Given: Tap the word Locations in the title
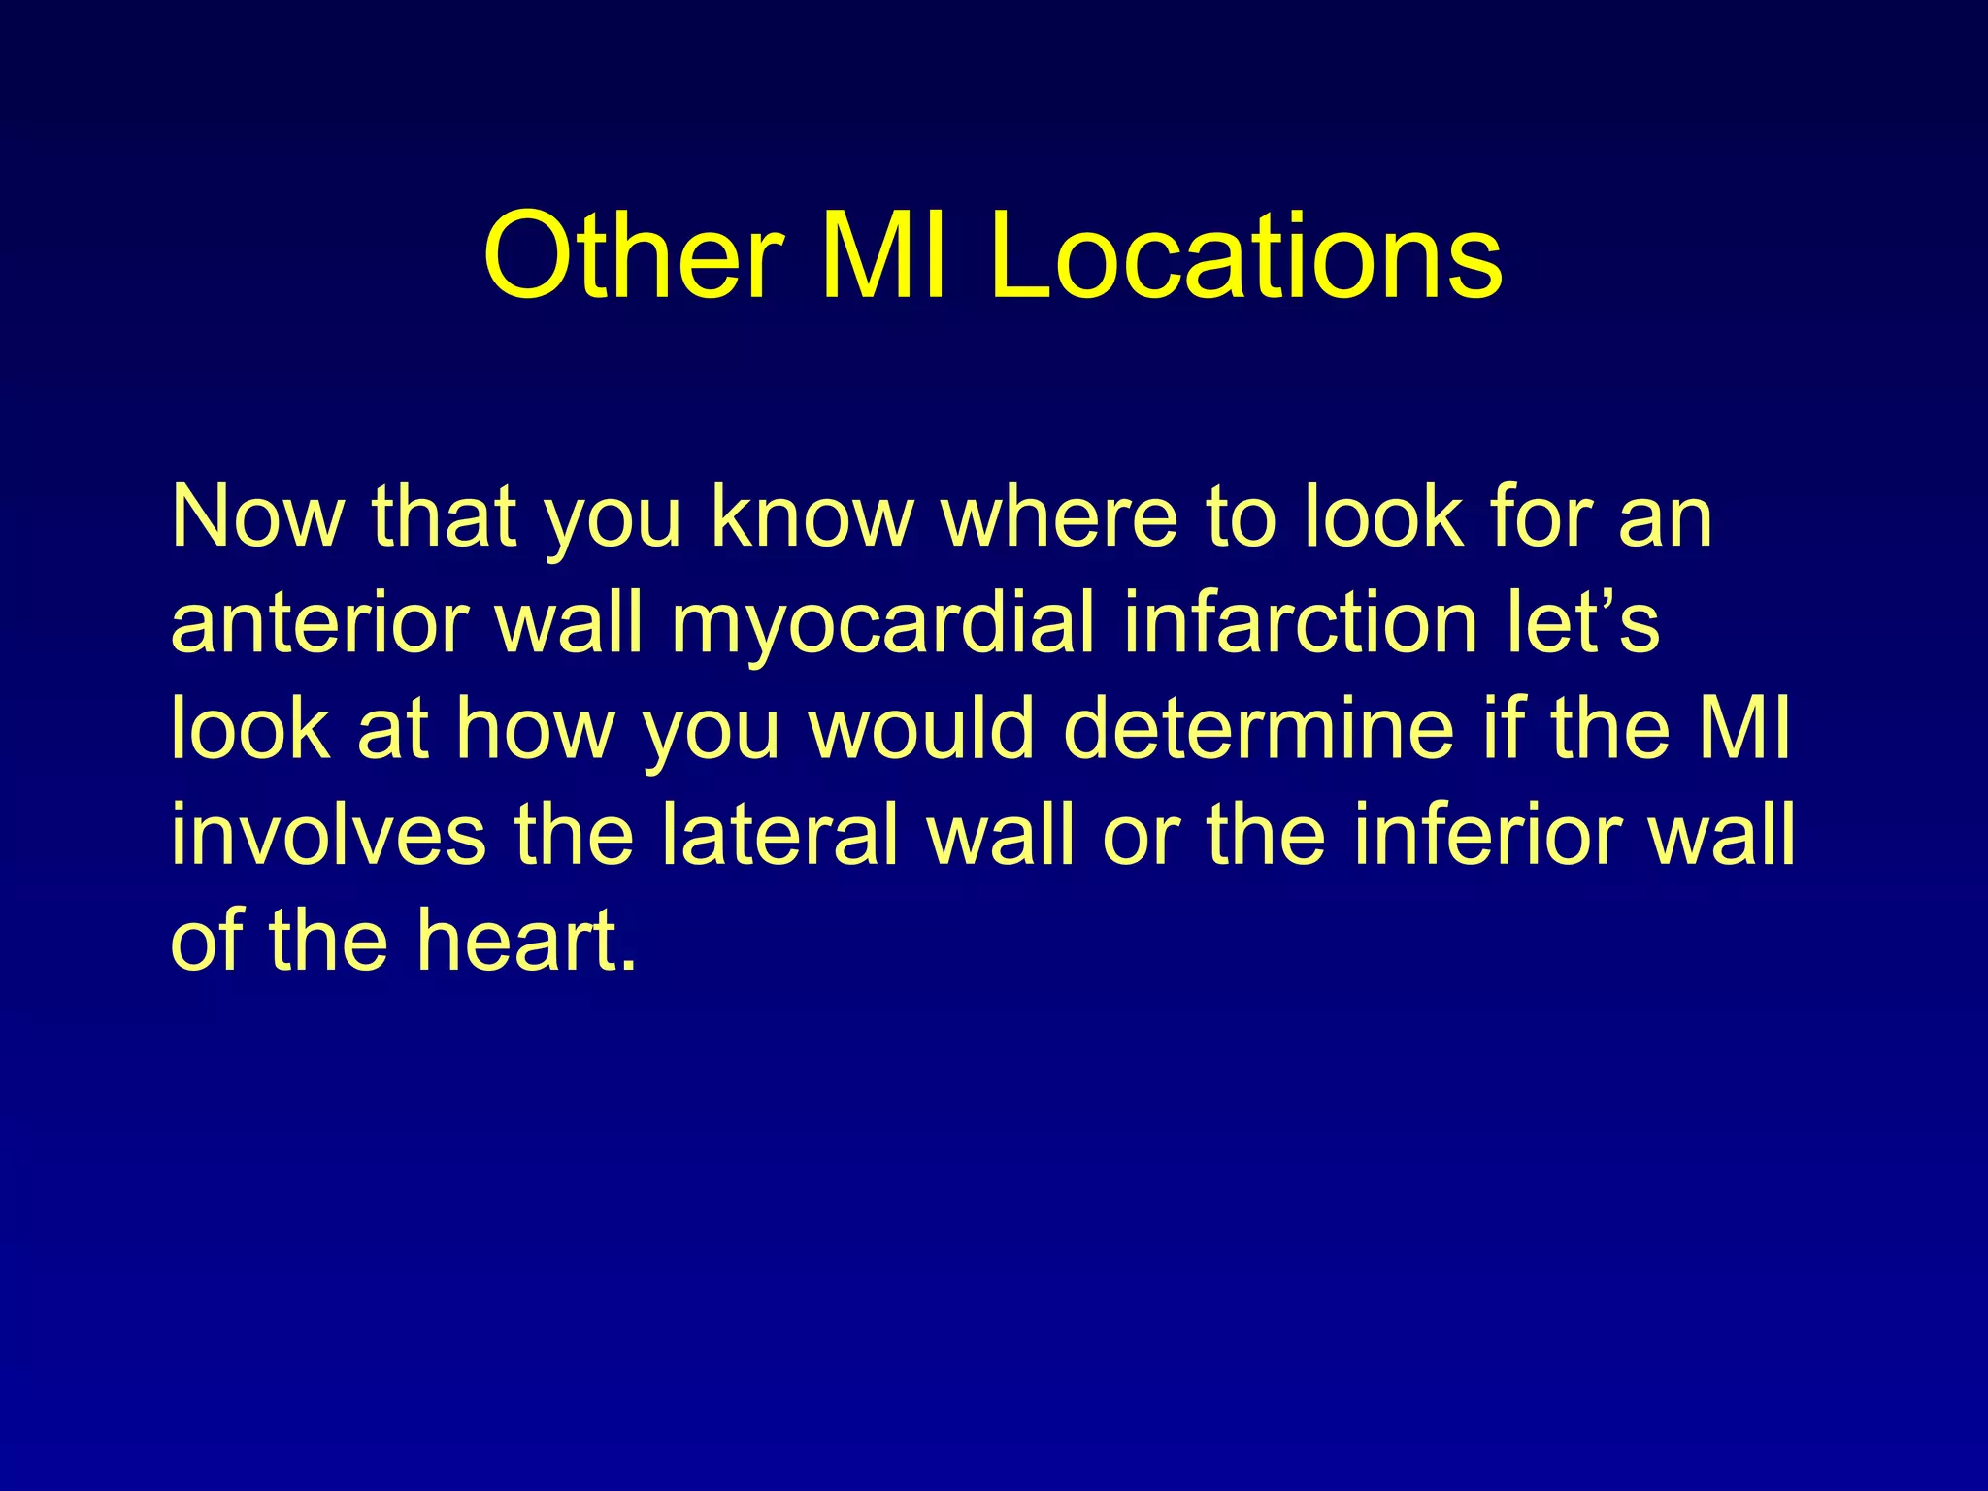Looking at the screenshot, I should [1246, 256].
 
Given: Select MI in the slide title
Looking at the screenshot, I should [883, 256].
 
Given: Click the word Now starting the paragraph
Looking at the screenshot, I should [257, 517].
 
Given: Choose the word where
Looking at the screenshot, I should [1062, 517].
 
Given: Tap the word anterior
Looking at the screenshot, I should [321, 623].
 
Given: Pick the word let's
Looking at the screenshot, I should [1583, 623].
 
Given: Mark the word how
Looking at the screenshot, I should [535, 729].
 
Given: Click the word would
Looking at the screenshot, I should [922, 729].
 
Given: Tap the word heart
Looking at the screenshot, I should [515, 941].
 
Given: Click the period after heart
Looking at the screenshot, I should [630, 965].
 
